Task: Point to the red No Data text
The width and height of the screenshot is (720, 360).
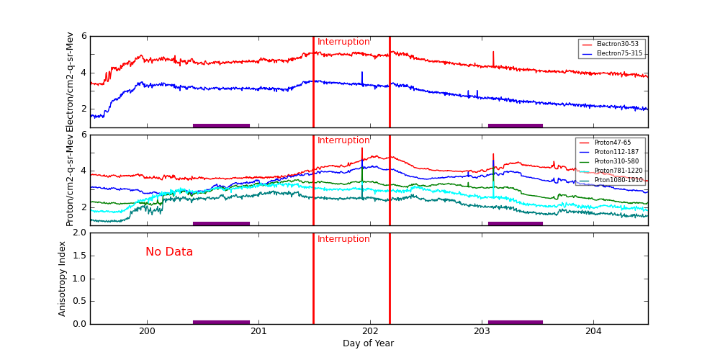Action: [x=169, y=252]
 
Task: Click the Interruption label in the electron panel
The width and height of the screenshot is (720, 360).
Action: [x=343, y=42]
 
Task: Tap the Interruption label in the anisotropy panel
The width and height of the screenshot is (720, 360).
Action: [x=343, y=239]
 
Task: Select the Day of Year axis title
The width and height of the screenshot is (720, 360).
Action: [x=368, y=343]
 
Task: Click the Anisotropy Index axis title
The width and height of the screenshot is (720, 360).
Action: [x=63, y=278]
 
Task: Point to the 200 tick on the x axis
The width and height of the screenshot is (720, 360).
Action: [x=147, y=331]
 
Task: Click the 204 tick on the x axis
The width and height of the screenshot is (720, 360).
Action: [x=593, y=331]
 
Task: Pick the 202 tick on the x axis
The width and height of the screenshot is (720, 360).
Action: [x=370, y=331]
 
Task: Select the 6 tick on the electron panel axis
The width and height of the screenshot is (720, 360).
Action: [x=84, y=36]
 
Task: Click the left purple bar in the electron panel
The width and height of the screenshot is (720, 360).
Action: [x=221, y=125]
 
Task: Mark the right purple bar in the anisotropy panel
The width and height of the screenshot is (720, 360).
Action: [x=516, y=322]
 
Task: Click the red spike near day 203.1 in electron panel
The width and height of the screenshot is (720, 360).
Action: [x=493, y=56]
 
